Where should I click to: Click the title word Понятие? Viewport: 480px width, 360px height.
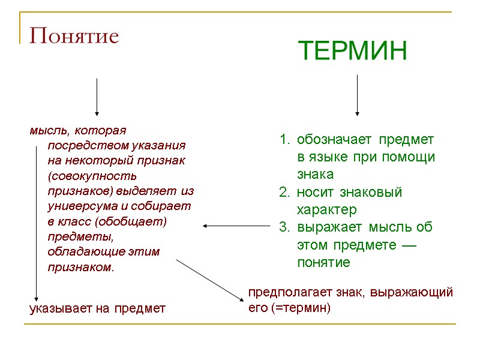point(74,37)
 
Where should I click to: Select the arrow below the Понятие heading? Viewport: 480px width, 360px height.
point(97,96)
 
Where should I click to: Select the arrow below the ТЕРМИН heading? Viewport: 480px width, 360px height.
point(357,95)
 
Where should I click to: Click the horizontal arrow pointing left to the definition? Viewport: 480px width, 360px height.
point(236,226)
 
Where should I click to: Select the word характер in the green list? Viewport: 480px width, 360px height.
point(326,210)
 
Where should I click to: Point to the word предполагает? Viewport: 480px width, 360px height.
point(281,293)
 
